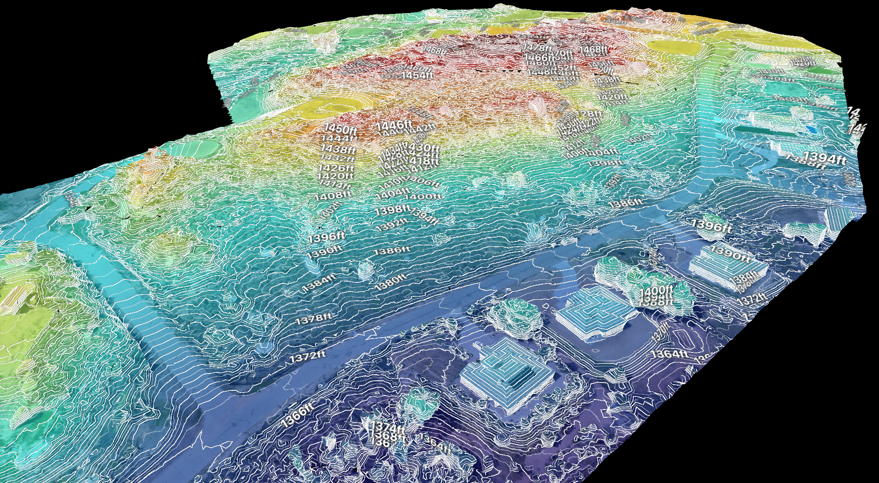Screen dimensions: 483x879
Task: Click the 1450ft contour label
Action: [342, 129]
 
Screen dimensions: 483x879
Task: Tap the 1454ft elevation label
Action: [417, 75]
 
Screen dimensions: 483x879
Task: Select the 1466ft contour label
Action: [539, 57]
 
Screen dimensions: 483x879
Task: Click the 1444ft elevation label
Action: [338, 139]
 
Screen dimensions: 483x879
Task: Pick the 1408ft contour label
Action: [333, 196]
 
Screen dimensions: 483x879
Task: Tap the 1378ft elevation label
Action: [313, 319]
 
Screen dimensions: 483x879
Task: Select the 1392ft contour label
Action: [392, 226]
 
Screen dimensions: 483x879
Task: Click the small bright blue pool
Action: [809, 129]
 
